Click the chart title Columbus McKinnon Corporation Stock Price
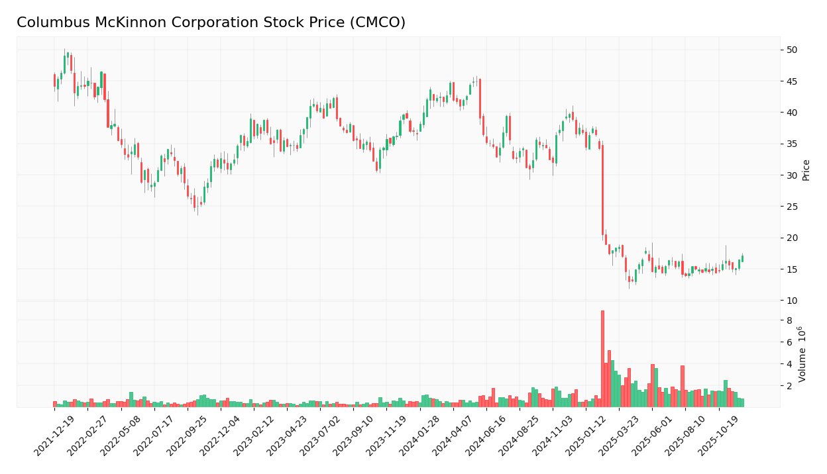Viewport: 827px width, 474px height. tap(211, 23)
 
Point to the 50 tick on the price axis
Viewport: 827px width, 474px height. tap(792, 50)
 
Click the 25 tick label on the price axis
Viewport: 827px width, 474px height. tap(792, 207)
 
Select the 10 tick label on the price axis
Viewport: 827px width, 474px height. tap(792, 301)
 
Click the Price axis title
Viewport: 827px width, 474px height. tap(806, 170)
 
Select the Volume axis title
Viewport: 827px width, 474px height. tap(802, 354)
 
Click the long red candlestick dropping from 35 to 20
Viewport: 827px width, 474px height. tap(602, 189)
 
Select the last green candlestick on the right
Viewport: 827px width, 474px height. tap(742, 259)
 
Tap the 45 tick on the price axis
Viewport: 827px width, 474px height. tap(792, 81)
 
